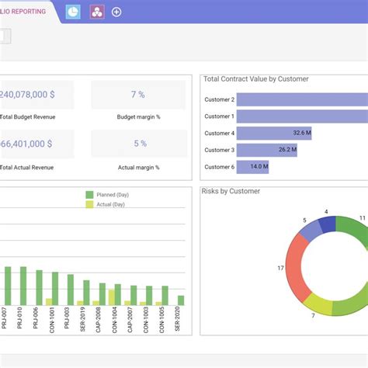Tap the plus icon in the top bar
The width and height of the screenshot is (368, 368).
(x=116, y=12)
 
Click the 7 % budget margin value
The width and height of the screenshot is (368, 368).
(x=138, y=95)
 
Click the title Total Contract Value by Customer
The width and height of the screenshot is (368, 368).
(x=255, y=79)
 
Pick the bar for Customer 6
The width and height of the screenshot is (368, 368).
(x=252, y=166)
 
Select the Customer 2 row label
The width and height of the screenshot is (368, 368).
(x=219, y=99)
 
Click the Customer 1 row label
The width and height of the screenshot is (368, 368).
(x=219, y=116)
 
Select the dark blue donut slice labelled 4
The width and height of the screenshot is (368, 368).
(x=328, y=226)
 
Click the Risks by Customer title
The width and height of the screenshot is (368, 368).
(x=231, y=191)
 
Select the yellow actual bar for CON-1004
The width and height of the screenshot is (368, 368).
(x=112, y=297)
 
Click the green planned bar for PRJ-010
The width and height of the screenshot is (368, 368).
(x=24, y=286)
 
